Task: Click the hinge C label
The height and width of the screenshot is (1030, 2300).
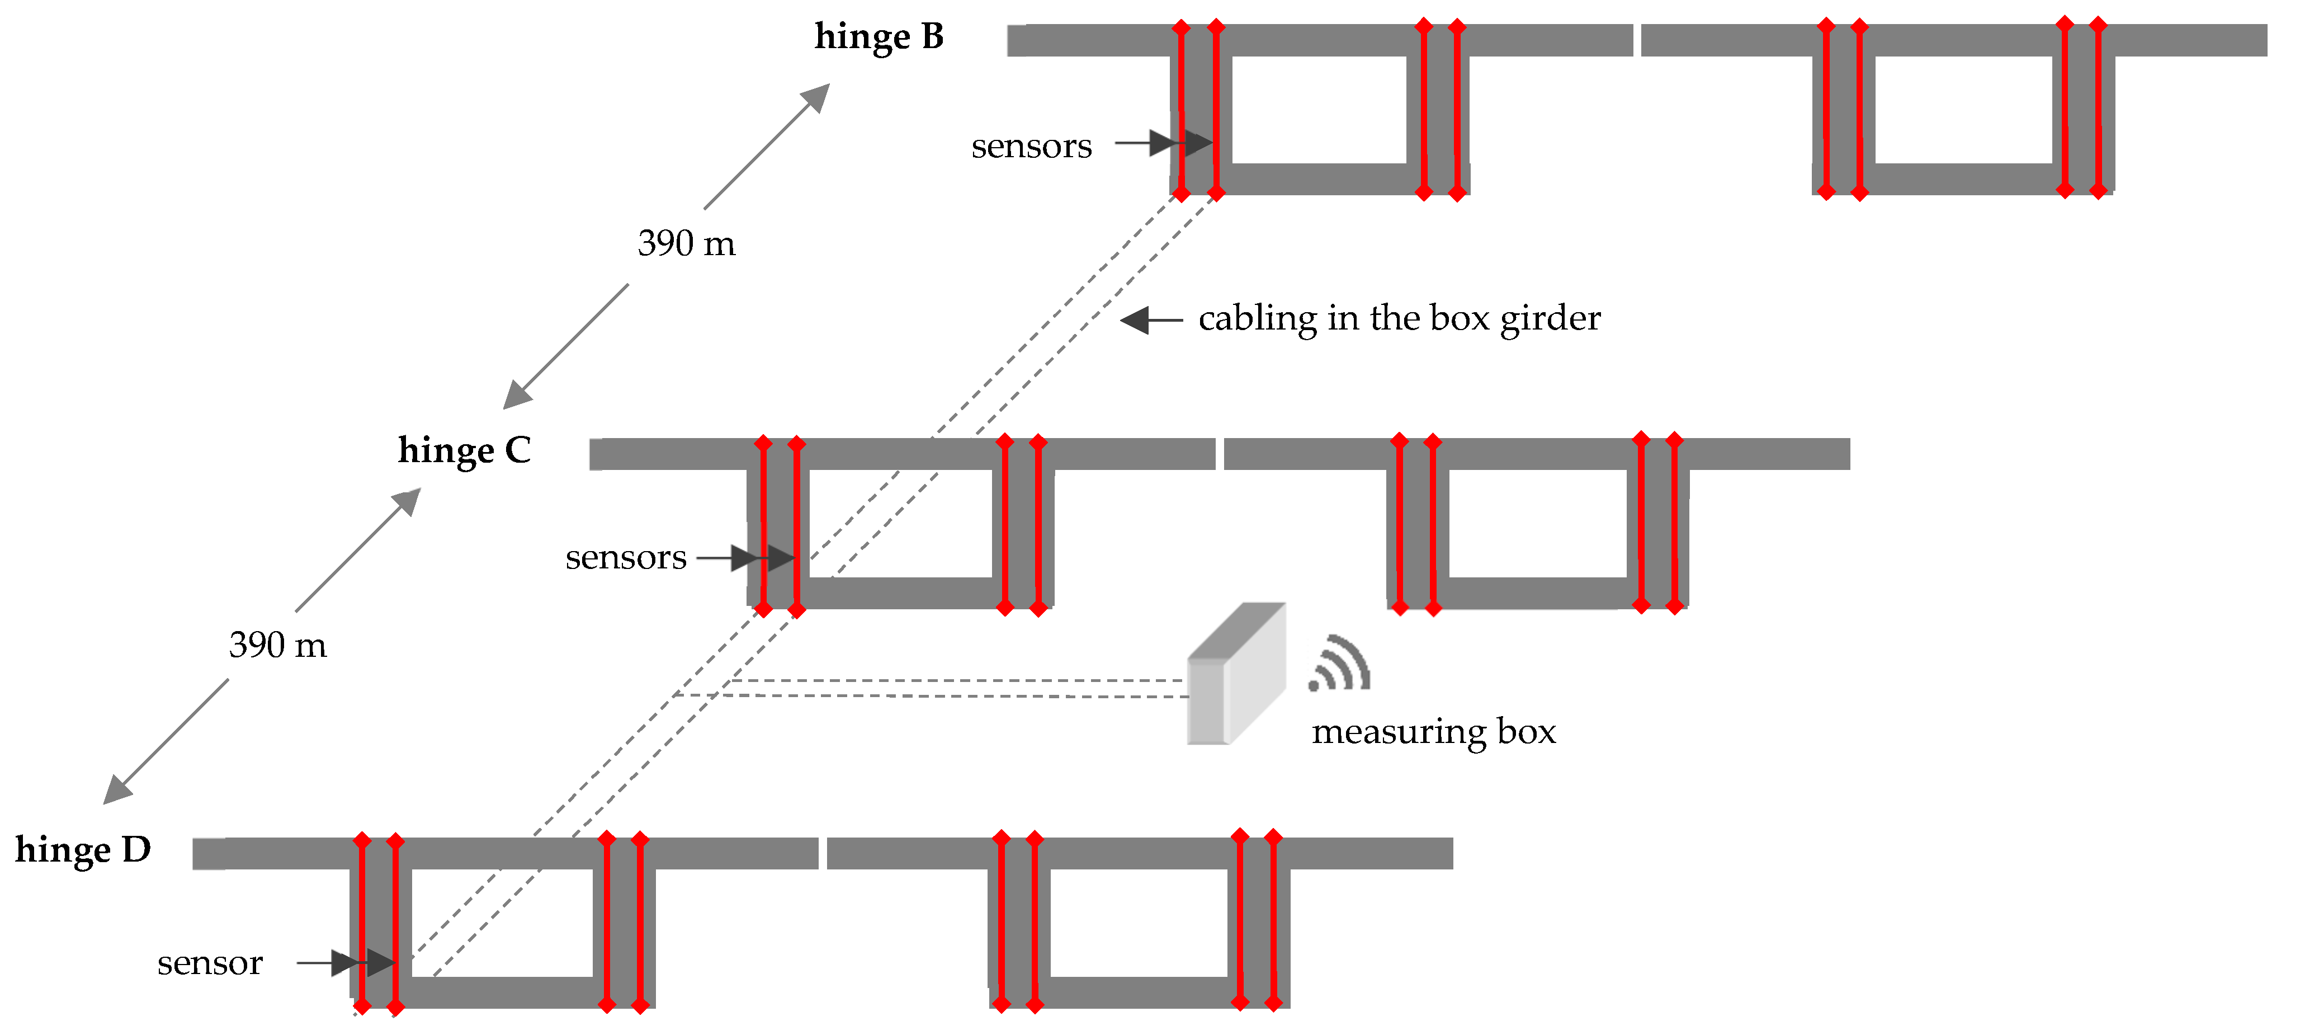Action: click(x=464, y=451)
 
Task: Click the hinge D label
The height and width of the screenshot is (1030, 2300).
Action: click(x=83, y=849)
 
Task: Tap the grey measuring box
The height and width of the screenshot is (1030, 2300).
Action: click(x=1236, y=675)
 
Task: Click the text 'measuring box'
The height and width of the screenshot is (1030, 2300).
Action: click(x=1433, y=732)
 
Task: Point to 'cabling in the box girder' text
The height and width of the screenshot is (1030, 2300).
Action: click(x=1399, y=318)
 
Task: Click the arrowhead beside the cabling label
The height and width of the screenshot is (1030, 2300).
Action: click(x=1136, y=320)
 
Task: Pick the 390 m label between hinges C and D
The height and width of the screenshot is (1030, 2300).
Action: click(x=278, y=645)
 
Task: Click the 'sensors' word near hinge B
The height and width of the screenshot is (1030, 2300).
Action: click(x=1031, y=145)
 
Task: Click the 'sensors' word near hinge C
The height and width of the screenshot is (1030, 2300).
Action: click(x=626, y=557)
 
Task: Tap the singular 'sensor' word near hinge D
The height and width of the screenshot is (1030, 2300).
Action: click(x=210, y=963)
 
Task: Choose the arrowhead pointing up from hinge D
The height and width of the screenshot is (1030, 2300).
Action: click(x=406, y=502)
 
